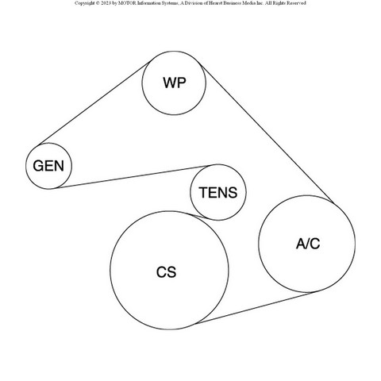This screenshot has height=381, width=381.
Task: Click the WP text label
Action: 175,83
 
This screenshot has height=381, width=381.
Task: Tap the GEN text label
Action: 48,166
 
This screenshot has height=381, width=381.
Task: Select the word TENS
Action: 218,192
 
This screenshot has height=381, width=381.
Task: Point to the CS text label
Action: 166,272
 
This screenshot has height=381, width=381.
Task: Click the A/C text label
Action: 308,244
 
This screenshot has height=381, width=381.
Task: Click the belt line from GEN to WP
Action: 94,103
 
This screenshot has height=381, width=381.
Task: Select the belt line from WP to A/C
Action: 266,133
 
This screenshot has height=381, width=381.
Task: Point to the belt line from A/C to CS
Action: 253,308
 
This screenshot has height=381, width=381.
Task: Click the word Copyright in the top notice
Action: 83,3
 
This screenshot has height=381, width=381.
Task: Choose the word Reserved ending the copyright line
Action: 297,3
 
